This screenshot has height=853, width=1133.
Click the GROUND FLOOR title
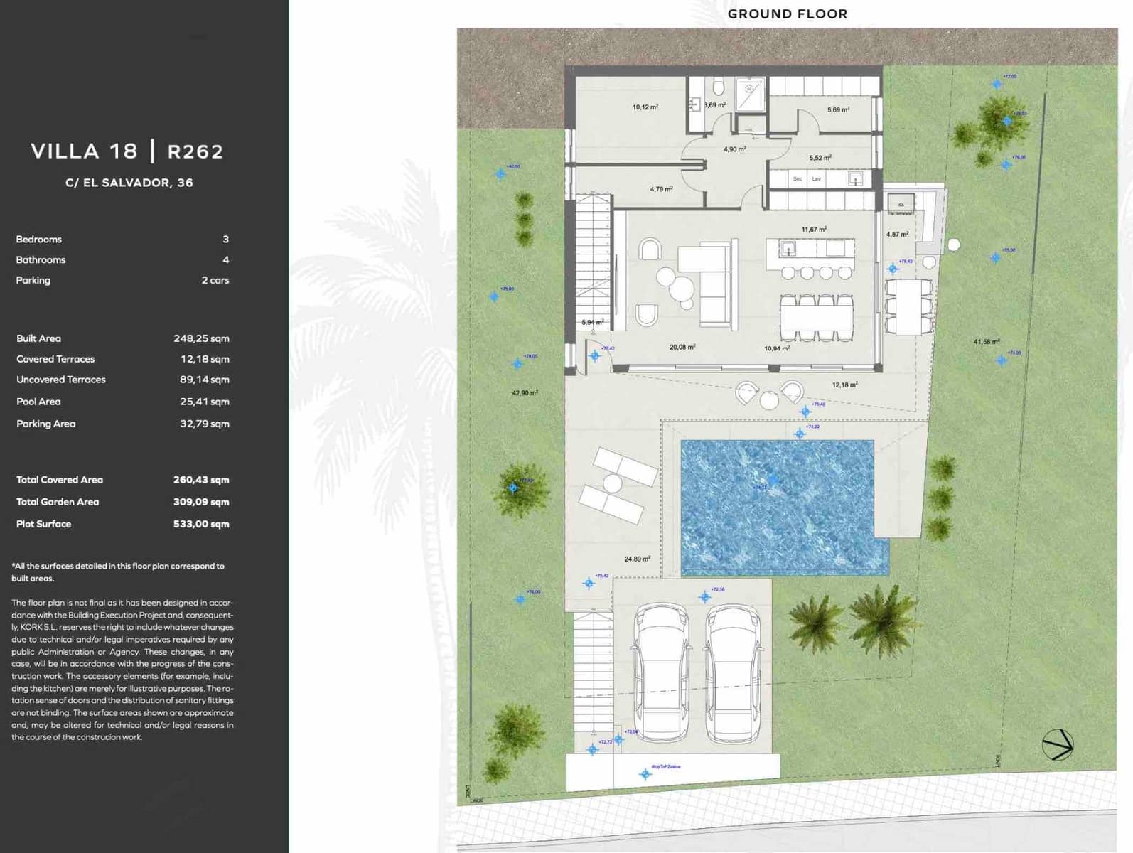(x=787, y=14)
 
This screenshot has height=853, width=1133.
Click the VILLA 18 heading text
(x=85, y=151)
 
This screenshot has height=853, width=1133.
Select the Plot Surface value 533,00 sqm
(x=201, y=524)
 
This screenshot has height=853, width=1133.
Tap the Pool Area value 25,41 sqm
(x=204, y=402)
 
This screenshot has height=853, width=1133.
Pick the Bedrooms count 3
(x=225, y=240)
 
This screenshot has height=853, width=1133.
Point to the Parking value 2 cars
(x=215, y=281)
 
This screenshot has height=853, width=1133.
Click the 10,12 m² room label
(x=645, y=107)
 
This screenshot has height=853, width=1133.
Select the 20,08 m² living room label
(x=682, y=348)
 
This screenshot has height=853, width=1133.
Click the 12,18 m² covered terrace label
(x=844, y=385)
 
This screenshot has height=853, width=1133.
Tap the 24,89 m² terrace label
(x=637, y=559)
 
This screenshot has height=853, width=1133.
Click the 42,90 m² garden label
(x=525, y=393)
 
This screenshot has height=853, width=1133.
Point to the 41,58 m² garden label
(x=986, y=342)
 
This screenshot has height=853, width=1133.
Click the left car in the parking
(x=661, y=672)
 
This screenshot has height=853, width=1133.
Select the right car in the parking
(x=734, y=672)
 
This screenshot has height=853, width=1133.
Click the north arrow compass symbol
(x=1057, y=745)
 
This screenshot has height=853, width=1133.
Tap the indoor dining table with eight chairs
(x=816, y=318)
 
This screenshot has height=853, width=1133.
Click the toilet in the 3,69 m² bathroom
(x=718, y=87)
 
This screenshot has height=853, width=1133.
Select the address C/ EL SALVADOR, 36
(x=129, y=183)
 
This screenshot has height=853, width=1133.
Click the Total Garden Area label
(x=58, y=502)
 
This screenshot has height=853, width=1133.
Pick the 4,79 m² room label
(x=661, y=189)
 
